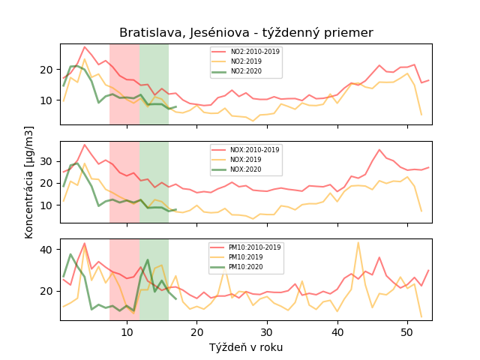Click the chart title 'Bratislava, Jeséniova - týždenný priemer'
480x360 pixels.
(246, 33)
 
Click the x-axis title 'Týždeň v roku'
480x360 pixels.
(246, 347)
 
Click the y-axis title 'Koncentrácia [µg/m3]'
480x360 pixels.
(29, 182)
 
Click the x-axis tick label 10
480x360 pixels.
(127, 332)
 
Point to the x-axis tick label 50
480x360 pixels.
(406, 332)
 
